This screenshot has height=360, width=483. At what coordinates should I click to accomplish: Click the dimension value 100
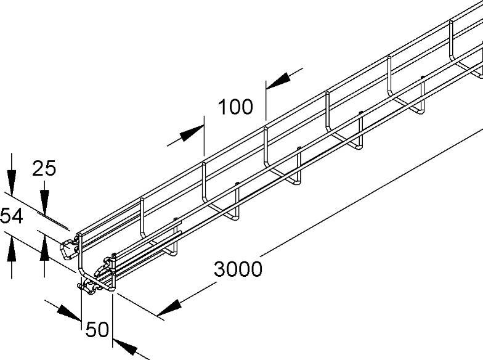tap(235, 107)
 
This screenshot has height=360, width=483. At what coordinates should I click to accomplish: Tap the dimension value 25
tap(44, 168)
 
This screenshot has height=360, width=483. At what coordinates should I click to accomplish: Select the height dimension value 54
tap(11, 216)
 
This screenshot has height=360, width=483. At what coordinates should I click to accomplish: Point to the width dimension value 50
tap(97, 329)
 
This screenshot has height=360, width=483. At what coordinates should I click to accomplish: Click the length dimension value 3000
tap(238, 269)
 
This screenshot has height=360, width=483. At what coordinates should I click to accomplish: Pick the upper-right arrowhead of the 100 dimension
tap(278, 81)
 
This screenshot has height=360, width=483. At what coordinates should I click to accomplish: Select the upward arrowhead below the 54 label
tap(11, 248)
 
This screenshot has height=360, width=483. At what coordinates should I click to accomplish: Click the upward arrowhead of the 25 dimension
tap(44, 248)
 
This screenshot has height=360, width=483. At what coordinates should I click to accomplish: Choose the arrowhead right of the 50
tap(124, 346)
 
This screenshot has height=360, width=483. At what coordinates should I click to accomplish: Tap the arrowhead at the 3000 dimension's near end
tap(169, 308)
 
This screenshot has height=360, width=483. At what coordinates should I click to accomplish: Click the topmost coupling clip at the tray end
tap(68, 248)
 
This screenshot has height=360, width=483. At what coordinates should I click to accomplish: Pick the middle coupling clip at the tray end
tap(103, 266)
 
